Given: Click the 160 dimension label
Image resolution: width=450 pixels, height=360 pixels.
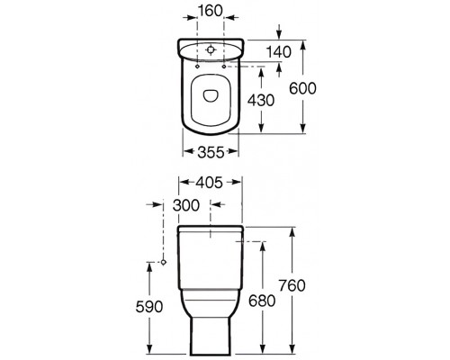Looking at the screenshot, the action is [x=210, y=11].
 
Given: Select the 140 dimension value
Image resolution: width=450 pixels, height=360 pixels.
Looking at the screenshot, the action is [x=279, y=52].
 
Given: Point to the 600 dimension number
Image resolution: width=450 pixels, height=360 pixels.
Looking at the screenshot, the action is [x=302, y=88].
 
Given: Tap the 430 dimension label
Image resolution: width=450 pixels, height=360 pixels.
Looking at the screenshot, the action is [x=261, y=100].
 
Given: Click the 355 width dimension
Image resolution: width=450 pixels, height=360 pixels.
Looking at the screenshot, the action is [x=211, y=152].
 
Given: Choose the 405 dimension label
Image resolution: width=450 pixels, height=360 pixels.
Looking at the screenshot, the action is [x=210, y=183].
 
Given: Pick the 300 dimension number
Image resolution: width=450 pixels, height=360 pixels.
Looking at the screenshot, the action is [x=186, y=205].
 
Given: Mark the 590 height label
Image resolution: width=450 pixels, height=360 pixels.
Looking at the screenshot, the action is [x=149, y=307].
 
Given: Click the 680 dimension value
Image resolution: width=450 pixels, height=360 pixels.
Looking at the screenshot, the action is [x=262, y=301].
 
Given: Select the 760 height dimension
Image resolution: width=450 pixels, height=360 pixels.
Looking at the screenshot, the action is [x=292, y=285].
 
